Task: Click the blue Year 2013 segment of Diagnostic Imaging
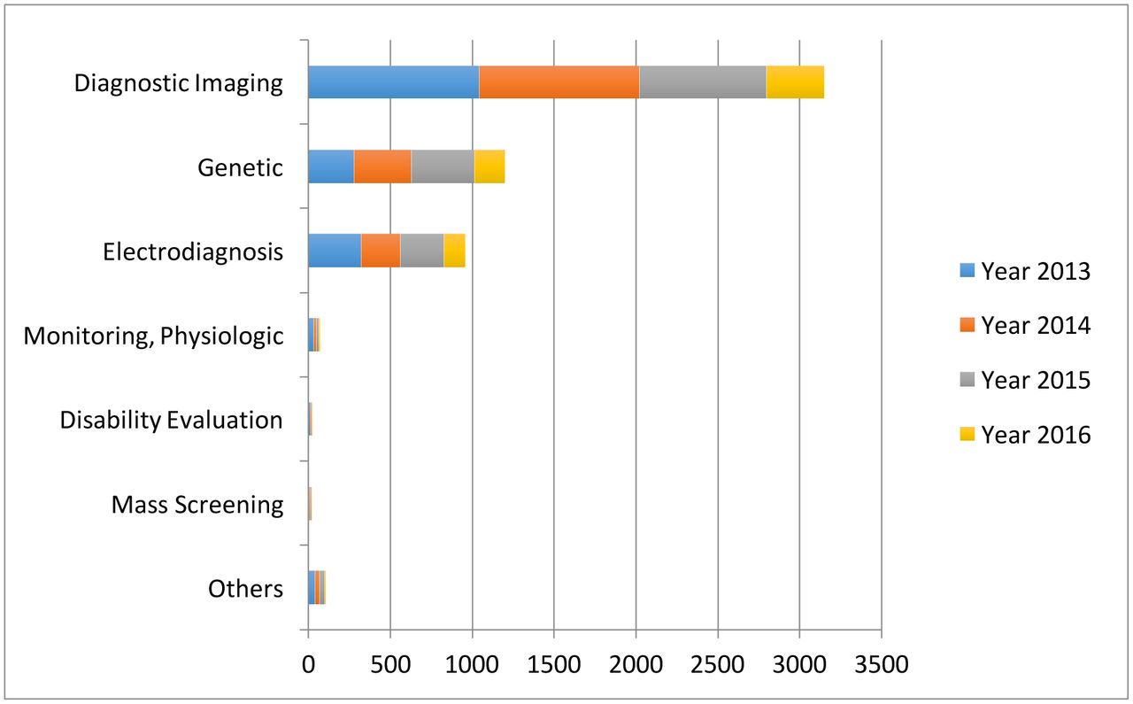(x=393, y=82)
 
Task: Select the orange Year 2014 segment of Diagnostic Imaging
(x=559, y=82)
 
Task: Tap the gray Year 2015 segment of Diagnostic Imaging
(x=702, y=82)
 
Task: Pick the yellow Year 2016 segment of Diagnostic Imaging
(x=795, y=82)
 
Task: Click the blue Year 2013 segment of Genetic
(x=330, y=166)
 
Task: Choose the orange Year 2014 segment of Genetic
(x=382, y=166)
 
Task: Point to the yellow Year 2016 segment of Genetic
(x=489, y=166)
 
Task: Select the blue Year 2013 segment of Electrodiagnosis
(x=334, y=251)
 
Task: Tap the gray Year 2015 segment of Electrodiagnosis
(x=421, y=251)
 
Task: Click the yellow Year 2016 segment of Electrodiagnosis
(x=454, y=251)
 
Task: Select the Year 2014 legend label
(x=1036, y=326)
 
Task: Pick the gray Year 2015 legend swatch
(x=967, y=380)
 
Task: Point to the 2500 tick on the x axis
(x=717, y=664)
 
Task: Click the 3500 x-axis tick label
(x=881, y=664)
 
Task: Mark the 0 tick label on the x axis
(x=308, y=664)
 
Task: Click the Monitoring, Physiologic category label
(x=153, y=336)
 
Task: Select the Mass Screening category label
(x=197, y=505)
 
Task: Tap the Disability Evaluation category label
(x=171, y=420)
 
